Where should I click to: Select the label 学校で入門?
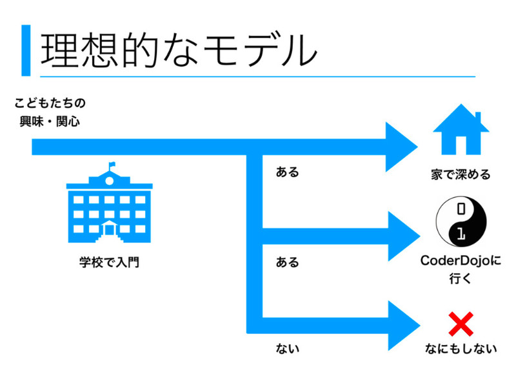point(109,263)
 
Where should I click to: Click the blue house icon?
point(461,132)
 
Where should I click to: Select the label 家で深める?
point(461,174)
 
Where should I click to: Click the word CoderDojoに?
point(461,262)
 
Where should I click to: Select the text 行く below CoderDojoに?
point(461,279)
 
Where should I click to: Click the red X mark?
point(461,323)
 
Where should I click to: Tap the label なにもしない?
point(461,349)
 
